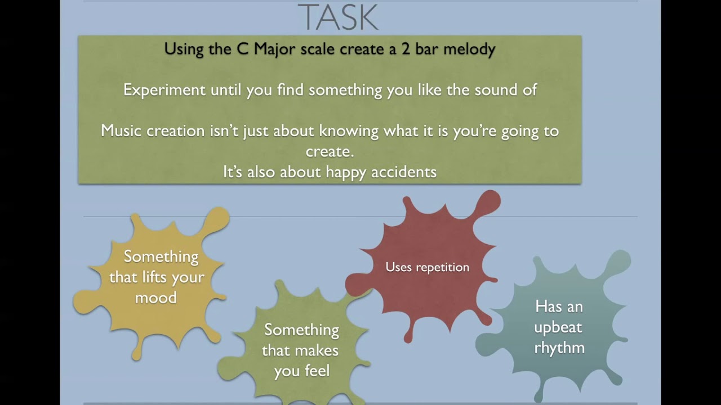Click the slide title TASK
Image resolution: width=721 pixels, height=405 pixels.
[x=338, y=17]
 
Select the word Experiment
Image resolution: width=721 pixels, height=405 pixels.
[x=164, y=90]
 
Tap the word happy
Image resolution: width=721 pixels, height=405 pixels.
[x=346, y=173]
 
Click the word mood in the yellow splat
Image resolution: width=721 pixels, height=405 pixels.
[x=156, y=298]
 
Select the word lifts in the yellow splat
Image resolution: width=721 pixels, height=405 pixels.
[x=162, y=277]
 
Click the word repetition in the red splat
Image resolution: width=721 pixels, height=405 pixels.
[x=442, y=268]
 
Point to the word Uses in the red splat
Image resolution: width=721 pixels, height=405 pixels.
[x=398, y=267]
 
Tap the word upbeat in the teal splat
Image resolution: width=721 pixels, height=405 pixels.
[x=558, y=328]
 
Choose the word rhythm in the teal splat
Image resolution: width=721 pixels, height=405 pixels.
[x=559, y=348]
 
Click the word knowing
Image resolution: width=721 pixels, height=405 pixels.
[x=348, y=132]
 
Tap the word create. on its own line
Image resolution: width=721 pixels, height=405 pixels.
[x=330, y=152]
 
